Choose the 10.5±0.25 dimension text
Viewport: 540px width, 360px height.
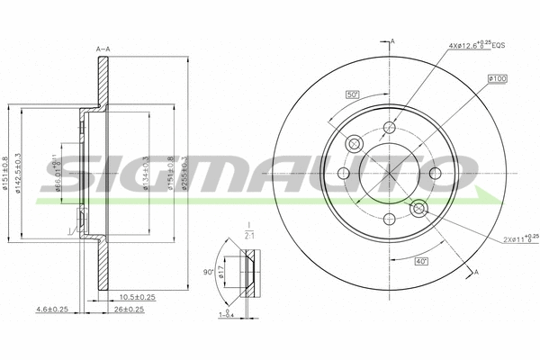pyautogui.click(x=138, y=297)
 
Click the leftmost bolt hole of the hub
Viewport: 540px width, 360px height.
pyautogui.click(x=343, y=174)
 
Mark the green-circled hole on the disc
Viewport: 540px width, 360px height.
pyautogui.click(x=418, y=208)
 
